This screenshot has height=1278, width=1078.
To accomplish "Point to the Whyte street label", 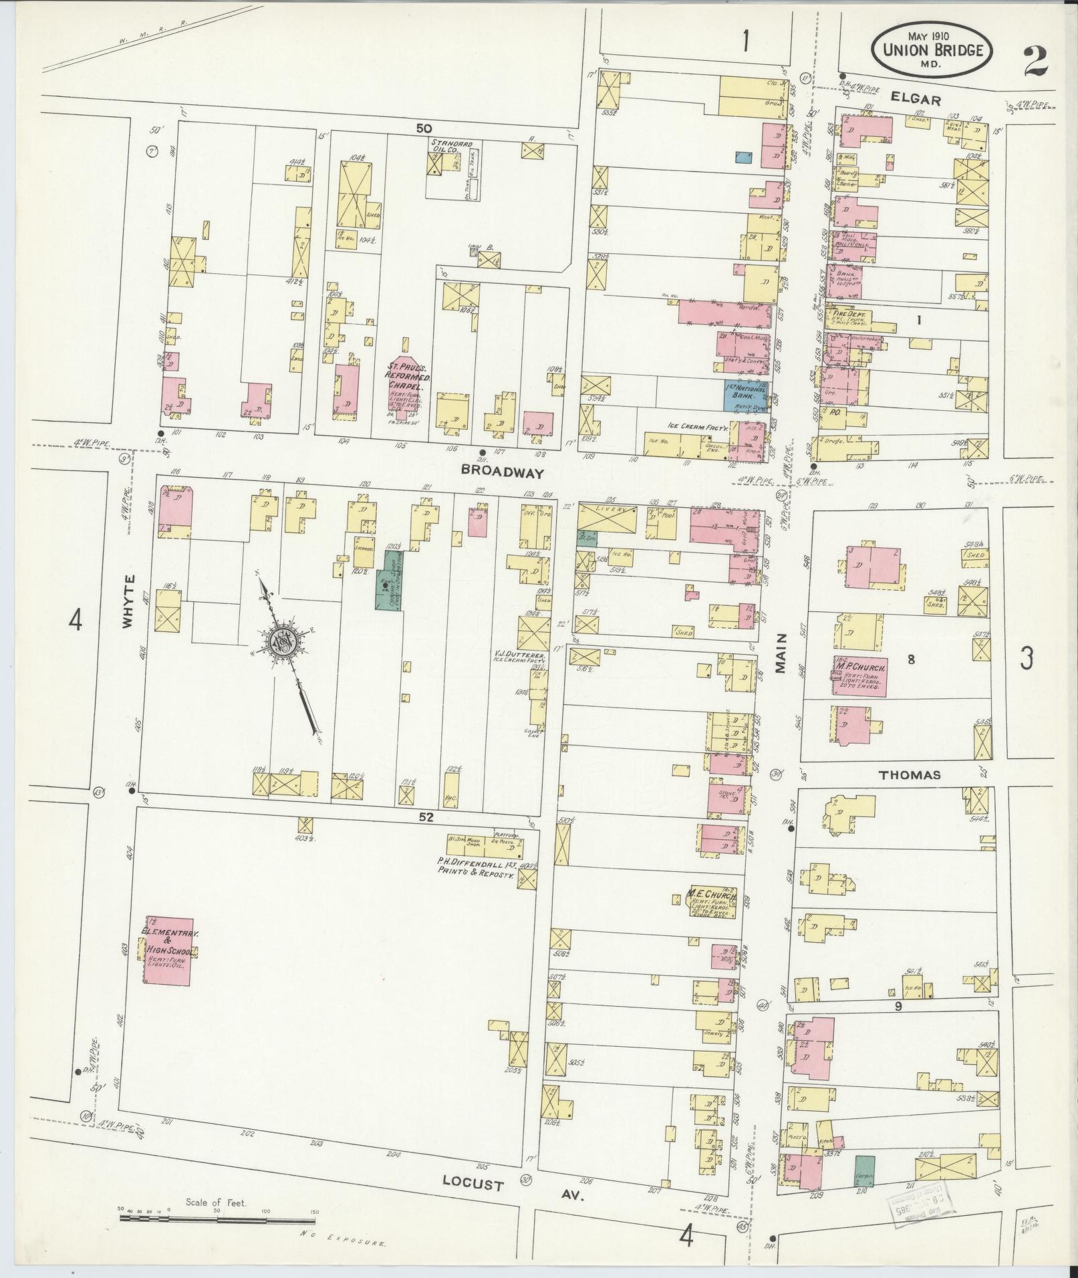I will [128, 601].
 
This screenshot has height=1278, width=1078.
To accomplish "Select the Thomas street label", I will [910, 775].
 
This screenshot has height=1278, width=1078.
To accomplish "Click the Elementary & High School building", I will [168, 950].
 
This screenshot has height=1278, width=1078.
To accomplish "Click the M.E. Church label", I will [712, 893].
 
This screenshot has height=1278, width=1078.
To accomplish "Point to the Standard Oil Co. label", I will [452, 147].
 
